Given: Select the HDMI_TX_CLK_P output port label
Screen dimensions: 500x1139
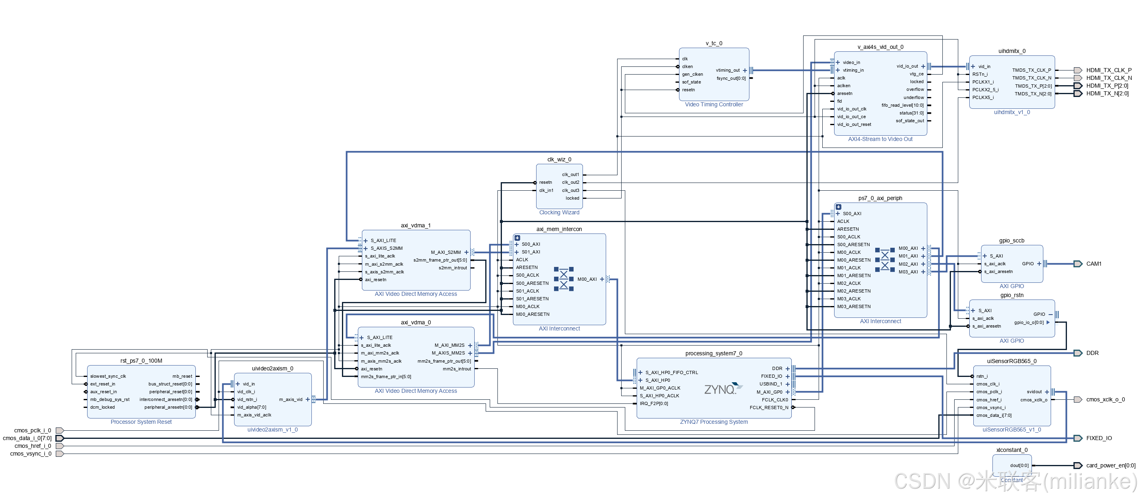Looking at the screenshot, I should point(1108,70).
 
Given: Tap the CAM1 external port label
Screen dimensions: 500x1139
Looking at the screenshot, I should point(1093,264).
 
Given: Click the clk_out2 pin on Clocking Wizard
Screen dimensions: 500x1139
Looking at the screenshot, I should point(570,182).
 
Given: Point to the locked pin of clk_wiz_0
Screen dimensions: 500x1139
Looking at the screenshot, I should point(572,198).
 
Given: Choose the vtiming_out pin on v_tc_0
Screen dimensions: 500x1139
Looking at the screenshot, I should point(728,70).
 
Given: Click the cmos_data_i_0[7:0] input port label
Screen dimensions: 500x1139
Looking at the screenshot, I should point(27,438).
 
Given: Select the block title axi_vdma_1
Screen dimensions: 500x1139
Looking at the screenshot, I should point(415,225).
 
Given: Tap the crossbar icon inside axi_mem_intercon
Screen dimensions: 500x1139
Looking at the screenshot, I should point(563,279).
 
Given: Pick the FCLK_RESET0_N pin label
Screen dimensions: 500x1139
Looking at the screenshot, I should point(769,407).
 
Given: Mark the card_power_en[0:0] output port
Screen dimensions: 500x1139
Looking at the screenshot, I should point(1110,465).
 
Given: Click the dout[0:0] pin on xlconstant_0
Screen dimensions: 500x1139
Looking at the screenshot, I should point(1019,465).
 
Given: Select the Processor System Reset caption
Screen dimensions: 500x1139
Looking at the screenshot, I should point(141,422).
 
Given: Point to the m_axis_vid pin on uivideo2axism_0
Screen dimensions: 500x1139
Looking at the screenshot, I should point(291,400).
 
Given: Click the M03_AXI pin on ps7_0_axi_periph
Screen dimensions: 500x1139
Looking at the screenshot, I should point(908,272).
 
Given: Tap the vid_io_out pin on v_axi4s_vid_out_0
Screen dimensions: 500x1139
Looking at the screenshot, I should point(907,66).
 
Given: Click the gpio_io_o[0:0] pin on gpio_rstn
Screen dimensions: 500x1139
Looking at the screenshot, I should point(1028,323).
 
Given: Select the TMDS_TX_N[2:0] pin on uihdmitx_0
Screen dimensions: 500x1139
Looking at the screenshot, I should point(1033,94).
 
